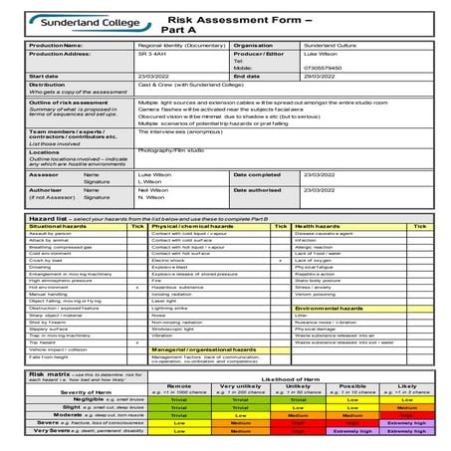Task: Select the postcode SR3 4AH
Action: [149, 55]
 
